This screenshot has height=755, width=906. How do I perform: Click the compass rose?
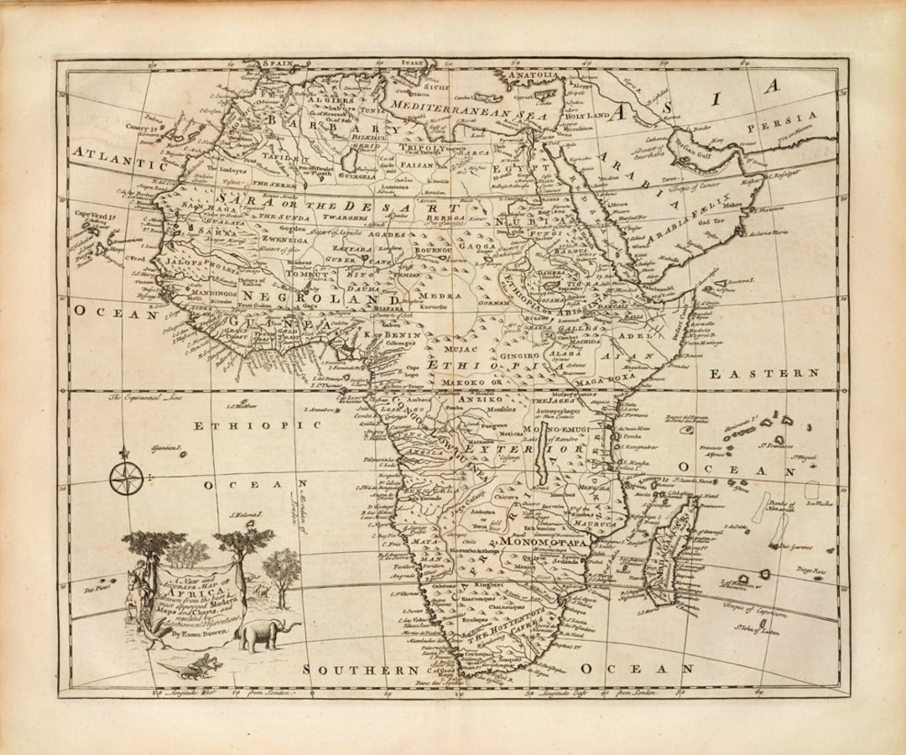(125, 478)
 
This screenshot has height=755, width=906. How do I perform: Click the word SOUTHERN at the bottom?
(361, 669)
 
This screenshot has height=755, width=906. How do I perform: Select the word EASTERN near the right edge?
(764, 373)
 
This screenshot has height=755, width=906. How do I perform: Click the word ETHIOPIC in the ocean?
(258, 426)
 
